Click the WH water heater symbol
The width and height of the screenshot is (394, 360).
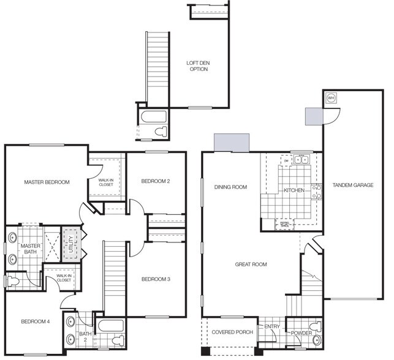(x=331, y=98)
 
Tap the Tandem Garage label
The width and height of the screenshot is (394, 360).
(x=353, y=184)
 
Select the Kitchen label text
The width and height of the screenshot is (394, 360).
(x=294, y=190)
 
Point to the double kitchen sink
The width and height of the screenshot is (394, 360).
(x=300, y=160)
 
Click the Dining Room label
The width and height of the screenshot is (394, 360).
(x=230, y=187)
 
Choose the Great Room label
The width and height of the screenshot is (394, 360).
(x=251, y=264)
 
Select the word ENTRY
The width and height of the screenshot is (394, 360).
(x=271, y=327)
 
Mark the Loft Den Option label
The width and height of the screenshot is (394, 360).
(x=197, y=66)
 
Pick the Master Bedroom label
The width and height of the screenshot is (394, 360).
(x=47, y=182)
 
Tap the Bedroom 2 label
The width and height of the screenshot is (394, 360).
(x=155, y=181)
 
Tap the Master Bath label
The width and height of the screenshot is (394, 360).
(x=29, y=250)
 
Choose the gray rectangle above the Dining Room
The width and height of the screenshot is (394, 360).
(x=232, y=142)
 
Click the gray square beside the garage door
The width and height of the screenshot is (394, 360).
(x=314, y=116)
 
